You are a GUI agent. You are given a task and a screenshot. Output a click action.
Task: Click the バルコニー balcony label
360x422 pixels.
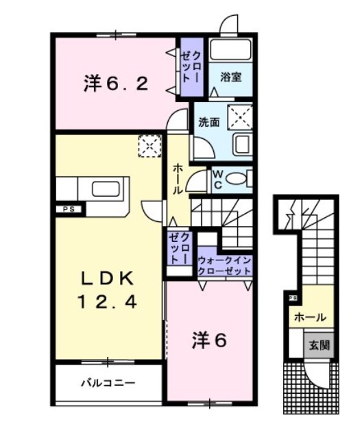pyautogui.click(x=110, y=382)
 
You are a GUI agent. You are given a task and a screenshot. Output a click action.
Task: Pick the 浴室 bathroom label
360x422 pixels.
pyautogui.click(x=230, y=77)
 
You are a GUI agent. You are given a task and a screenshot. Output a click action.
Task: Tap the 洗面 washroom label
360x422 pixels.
pyautogui.click(x=208, y=123)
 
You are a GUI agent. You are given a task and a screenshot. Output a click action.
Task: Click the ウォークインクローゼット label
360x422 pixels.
pyautogui.click(x=225, y=264)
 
